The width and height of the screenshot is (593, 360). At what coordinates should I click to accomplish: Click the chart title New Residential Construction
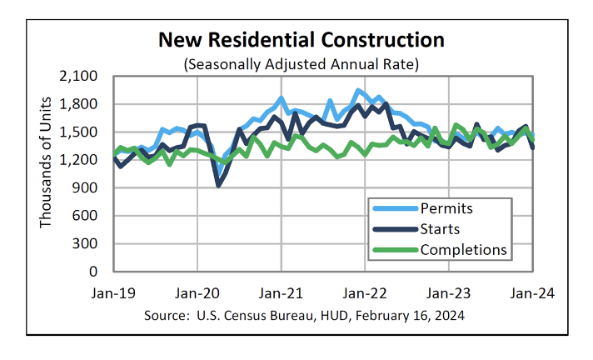301,40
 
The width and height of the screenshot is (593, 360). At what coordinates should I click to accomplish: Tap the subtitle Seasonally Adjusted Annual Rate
301,63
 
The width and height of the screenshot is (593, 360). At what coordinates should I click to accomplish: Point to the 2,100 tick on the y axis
80,77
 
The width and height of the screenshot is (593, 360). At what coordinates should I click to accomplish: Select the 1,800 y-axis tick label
80,104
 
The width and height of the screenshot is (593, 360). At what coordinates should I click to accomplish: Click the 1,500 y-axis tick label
80,132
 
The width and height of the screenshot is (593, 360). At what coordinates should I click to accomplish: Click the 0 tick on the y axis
94,272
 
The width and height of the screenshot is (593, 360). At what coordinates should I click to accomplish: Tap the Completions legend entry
463,250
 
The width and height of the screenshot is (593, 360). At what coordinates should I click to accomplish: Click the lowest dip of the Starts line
218,184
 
